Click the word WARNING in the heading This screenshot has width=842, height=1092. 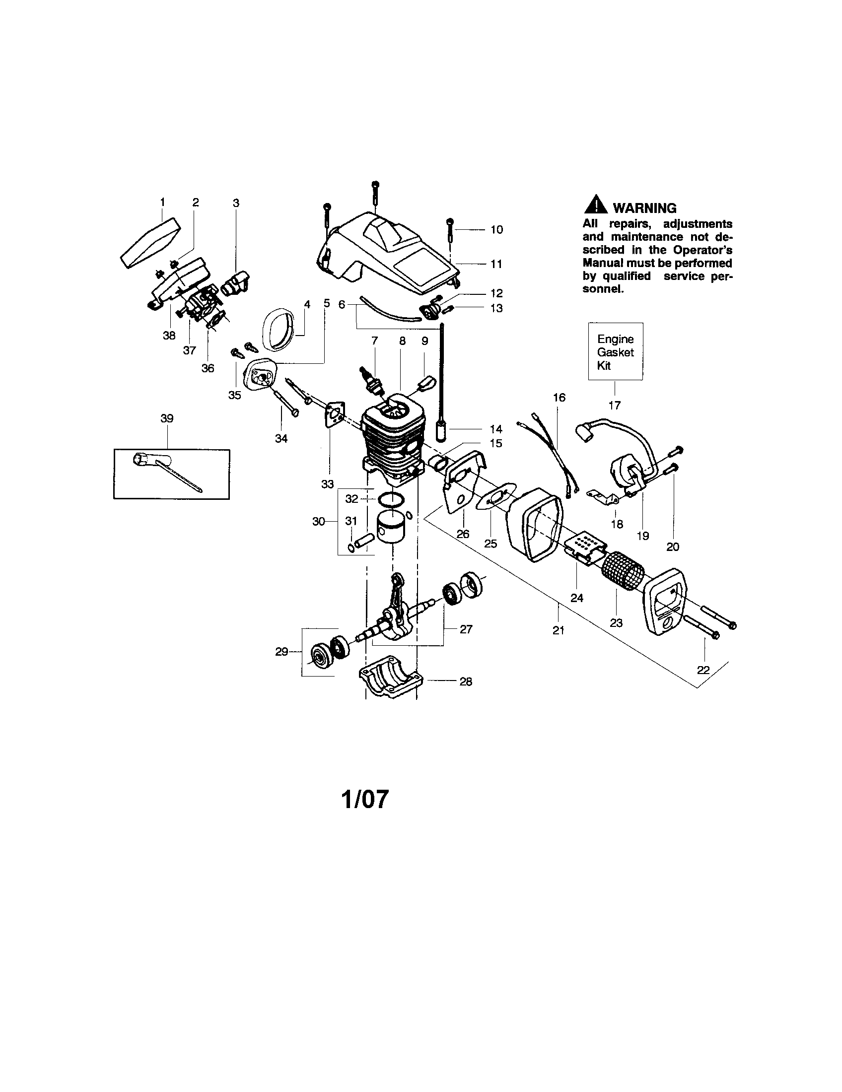pyautogui.click(x=644, y=208)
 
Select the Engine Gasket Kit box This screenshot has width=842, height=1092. pyautogui.click(x=615, y=351)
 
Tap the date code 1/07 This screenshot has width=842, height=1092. pyautogui.click(x=364, y=799)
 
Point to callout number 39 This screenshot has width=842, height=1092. pyautogui.click(x=167, y=418)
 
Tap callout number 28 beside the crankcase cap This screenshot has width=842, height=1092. pyautogui.click(x=466, y=682)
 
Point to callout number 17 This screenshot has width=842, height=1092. pyautogui.click(x=614, y=405)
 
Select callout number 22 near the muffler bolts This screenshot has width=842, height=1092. pyautogui.click(x=703, y=670)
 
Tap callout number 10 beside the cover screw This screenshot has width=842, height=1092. pyautogui.click(x=496, y=229)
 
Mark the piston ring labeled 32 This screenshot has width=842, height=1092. pyautogui.click(x=392, y=499)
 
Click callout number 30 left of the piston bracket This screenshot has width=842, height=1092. pyautogui.click(x=319, y=522)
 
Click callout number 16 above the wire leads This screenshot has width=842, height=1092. pyautogui.click(x=559, y=398)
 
